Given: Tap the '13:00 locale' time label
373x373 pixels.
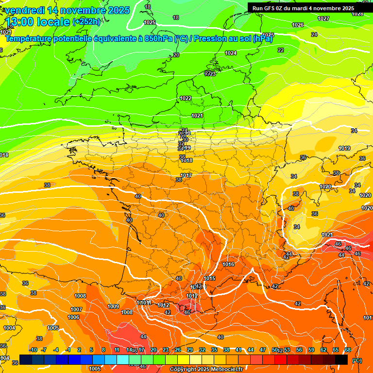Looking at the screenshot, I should [36, 22].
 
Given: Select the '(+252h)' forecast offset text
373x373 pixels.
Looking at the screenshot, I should [87, 22].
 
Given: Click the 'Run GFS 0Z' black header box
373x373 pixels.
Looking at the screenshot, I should [310, 8].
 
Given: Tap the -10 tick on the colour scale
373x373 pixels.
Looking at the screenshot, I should [34, 350].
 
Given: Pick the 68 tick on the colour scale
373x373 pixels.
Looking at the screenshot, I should [348, 350].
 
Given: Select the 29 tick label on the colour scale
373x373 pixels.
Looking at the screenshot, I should [189, 350].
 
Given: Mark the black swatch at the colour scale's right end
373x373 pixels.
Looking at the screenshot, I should [341, 359].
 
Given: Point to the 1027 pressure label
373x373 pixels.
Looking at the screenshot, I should [323, 18].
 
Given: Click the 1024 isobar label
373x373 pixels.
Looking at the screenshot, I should [231, 53].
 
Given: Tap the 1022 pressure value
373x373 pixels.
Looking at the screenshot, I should [186, 98].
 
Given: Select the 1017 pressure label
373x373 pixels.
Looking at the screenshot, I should [186, 175].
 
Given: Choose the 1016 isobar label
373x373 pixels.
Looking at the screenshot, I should [228, 264].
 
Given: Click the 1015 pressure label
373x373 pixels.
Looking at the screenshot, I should [210, 278].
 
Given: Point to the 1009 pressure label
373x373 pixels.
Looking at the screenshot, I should [113, 306].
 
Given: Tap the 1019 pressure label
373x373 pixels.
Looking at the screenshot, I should [344, 148].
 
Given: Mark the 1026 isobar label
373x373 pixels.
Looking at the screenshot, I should [298, 25].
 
